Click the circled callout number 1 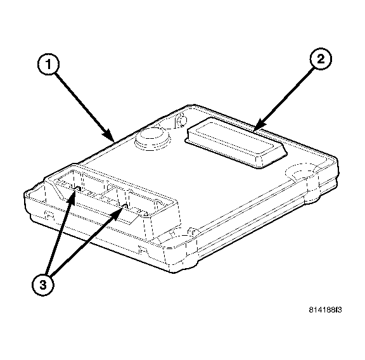click(48, 64)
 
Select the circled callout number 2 click(321, 59)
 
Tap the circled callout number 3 click(43, 285)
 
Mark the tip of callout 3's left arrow click(75, 188)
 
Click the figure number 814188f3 click(325, 310)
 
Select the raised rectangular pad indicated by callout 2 click(236, 142)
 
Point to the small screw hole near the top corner click(181, 119)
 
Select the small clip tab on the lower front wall click(143, 250)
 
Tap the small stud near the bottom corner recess click(193, 231)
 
